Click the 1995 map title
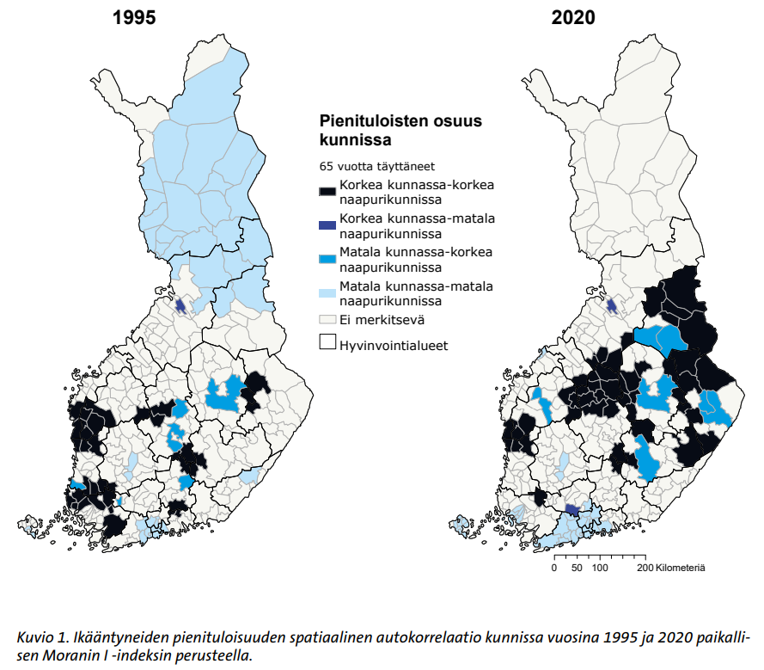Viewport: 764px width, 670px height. click(133, 17)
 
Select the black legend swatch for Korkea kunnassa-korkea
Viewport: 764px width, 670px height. click(327, 192)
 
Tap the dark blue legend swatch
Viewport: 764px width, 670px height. click(327, 225)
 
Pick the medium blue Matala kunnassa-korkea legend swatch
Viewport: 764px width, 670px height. click(327, 259)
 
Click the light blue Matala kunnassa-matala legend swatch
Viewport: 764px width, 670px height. click(327, 293)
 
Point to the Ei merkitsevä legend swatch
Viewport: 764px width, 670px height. click(327, 319)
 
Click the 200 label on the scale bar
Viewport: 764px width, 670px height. click(643, 569)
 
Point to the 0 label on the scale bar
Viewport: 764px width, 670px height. click(554, 569)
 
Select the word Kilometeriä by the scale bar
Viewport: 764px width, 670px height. click(680, 569)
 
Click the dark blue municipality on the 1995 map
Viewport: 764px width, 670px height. click(180, 304)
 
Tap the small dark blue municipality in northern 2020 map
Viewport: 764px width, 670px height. click(611, 305)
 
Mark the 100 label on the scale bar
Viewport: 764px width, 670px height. click(601, 569)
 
